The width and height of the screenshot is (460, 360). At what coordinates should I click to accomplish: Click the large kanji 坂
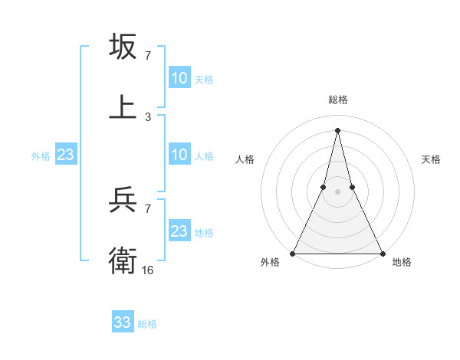click(x=123, y=47)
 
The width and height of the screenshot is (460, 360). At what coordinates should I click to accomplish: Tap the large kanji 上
click(x=123, y=106)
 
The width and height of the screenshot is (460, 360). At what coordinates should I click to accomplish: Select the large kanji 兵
click(x=123, y=202)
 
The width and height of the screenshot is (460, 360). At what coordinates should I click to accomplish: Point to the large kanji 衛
click(x=123, y=261)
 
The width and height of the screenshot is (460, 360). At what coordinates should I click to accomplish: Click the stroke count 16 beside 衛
click(x=148, y=270)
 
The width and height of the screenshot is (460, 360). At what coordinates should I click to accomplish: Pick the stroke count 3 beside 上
click(x=148, y=116)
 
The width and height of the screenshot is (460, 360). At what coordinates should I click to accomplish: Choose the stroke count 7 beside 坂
click(x=148, y=56)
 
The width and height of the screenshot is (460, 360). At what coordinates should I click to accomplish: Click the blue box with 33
click(x=123, y=322)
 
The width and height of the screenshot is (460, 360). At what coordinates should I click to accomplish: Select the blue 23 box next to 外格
click(x=65, y=155)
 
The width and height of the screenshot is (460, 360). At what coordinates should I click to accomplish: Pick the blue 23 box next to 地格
click(x=179, y=231)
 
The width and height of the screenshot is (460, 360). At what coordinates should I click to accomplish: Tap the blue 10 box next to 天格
click(x=179, y=78)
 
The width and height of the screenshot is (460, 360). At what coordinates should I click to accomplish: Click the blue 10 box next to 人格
click(x=179, y=155)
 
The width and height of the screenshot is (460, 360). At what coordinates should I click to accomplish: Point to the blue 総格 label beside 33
click(x=147, y=324)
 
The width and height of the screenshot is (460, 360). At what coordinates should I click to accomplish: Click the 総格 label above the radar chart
click(x=337, y=100)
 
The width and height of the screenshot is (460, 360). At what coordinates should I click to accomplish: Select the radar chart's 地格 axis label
click(x=402, y=263)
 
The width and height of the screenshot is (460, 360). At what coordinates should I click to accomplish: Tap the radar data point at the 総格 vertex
click(x=337, y=129)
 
